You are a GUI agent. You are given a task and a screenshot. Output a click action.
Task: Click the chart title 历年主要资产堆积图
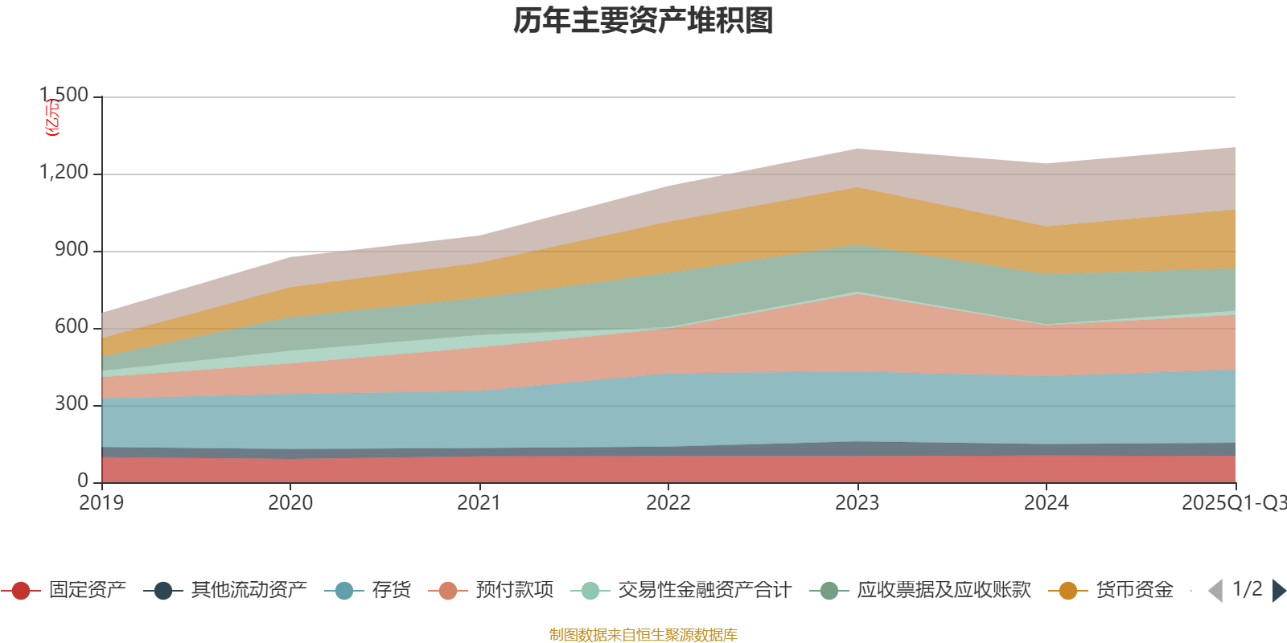pyautogui.click(x=643, y=22)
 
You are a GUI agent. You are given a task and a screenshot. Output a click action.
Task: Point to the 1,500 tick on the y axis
pyautogui.click(x=65, y=96)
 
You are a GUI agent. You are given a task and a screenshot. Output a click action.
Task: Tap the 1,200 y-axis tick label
pyautogui.click(x=64, y=173)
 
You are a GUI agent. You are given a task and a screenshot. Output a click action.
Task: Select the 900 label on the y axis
pyautogui.click(x=72, y=250)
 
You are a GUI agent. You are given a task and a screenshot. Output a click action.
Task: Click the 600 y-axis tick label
pyautogui.click(x=72, y=327)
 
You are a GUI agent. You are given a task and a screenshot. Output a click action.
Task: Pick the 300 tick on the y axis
pyautogui.click(x=72, y=404)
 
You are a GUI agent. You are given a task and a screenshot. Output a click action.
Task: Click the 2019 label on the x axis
pyautogui.click(x=101, y=503)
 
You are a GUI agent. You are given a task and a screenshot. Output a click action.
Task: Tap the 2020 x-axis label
pyautogui.click(x=290, y=503)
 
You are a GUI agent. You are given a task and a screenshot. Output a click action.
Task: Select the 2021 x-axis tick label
pyautogui.click(x=479, y=503)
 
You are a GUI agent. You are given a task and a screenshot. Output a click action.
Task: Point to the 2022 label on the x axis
pyautogui.click(x=668, y=503)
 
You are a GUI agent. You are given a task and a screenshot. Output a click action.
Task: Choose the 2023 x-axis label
pyautogui.click(x=857, y=503)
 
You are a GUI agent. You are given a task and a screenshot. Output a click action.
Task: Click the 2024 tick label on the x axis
pyautogui.click(x=1046, y=503)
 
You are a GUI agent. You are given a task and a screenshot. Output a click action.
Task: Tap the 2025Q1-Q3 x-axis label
pyautogui.click(x=1233, y=503)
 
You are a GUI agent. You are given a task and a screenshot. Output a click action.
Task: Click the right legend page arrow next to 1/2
pyautogui.click(x=1278, y=591)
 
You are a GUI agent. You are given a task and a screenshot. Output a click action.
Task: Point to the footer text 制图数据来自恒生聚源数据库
pyautogui.click(x=643, y=635)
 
